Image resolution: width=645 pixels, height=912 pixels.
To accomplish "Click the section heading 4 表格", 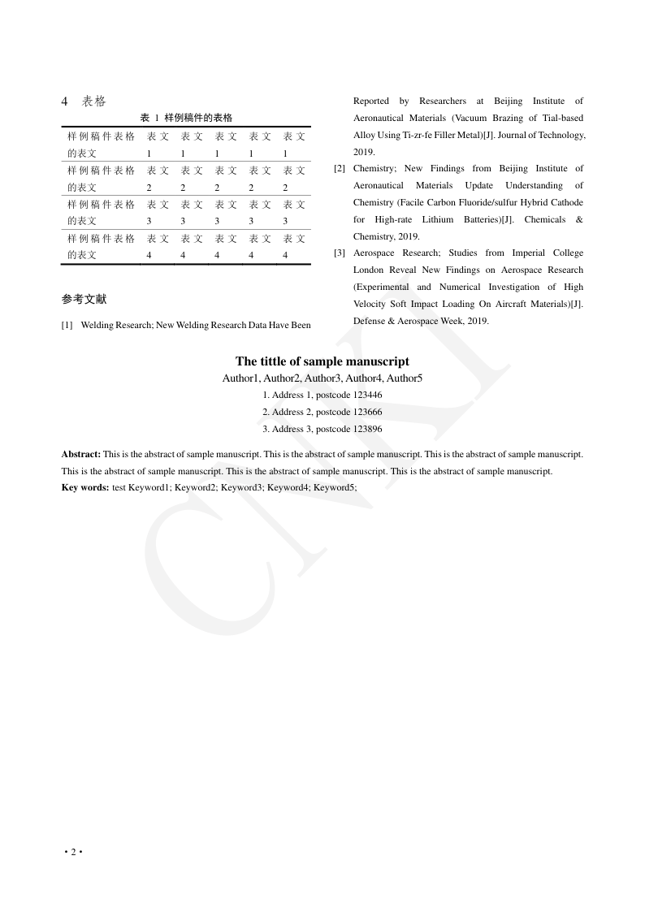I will pyautogui.click(x=84, y=102).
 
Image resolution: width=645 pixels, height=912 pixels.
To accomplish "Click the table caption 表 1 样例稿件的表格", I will pyautogui.click(x=186, y=119).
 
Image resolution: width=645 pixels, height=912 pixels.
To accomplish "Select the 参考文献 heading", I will pyautogui.click(x=84, y=299).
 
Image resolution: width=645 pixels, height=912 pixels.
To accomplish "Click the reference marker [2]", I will pyautogui.click(x=340, y=169).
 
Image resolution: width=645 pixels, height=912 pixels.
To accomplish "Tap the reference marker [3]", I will pyautogui.click(x=340, y=253).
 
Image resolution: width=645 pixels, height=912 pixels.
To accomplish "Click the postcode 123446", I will pyautogui.click(x=368, y=395).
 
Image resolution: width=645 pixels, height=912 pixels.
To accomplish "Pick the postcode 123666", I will pyautogui.click(x=368, y=413).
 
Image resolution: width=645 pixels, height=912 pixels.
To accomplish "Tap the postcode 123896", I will pyautogui.click(x=368, y=430).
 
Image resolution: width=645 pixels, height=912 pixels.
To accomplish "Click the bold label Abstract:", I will pyautogui.click(x=81, y=454).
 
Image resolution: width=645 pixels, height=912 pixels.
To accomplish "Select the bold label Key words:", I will pyautogui.click(x=85, y=488).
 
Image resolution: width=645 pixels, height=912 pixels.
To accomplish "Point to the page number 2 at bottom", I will pyautogui.click(x=73, y=852).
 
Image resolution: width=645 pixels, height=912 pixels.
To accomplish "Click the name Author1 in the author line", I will pyautogui.click(x=241, y=378).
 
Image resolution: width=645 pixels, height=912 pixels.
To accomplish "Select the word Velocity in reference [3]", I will pyautogui.click(x=370, y=304).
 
